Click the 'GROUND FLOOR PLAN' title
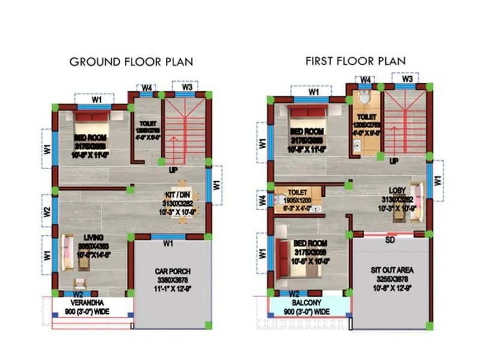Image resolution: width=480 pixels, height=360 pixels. click(x=131, y=62)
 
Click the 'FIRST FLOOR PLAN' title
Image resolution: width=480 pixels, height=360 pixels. click(x=355, y=61)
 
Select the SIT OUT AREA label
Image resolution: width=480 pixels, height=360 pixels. click(x=391, y=270)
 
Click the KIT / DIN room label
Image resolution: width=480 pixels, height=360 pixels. click(x=182, y=195)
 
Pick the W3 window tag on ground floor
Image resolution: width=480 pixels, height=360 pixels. click(x=187, y=88)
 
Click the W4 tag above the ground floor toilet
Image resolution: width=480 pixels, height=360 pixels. click(x=146, y=88)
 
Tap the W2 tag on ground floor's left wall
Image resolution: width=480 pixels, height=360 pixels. click(x=47, y=212)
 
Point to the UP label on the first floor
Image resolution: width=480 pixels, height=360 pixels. click(x=394, y=161)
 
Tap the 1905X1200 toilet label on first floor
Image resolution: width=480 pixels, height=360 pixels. click(x=297, y=201)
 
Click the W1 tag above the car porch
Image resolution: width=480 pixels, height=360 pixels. click(x=168, y=243)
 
